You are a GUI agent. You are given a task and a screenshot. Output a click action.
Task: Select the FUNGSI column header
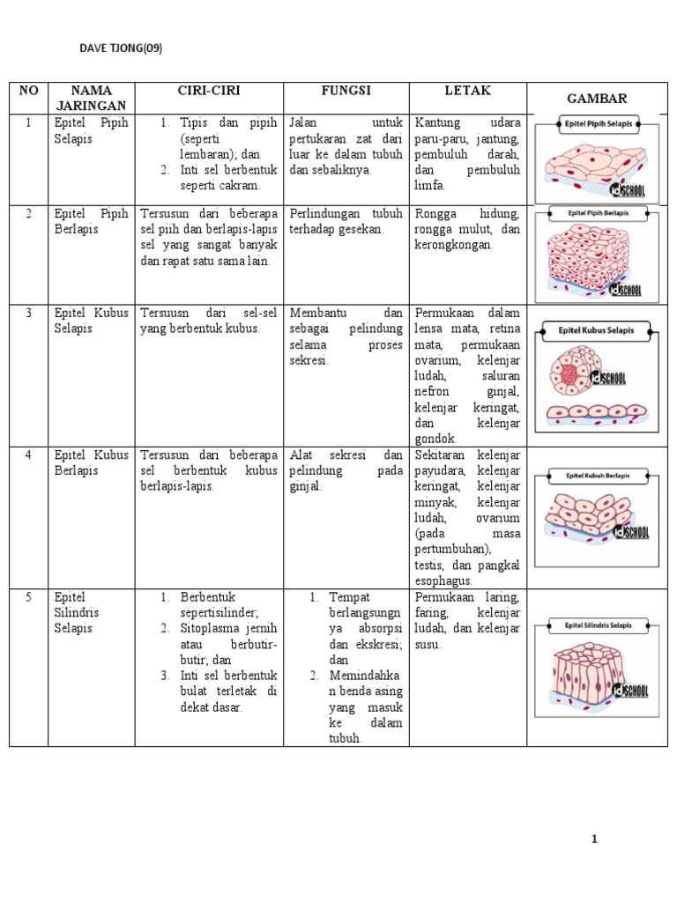(x=346, y=91)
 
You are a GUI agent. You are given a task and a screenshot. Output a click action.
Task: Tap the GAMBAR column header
(x=598, y=98)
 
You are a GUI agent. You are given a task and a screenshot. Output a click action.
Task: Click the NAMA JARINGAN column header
(x=92, y=98)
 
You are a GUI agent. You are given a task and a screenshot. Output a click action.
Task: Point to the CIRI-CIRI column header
(x=209, y=91)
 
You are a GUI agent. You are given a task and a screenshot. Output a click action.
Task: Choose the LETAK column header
(x=468, y=91)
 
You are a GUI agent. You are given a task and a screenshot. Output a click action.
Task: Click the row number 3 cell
(x=28, y=313)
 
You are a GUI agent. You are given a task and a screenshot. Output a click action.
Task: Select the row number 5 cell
(x=28, y=597)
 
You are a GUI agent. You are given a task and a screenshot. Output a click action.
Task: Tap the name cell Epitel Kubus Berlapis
(x=92, y=462)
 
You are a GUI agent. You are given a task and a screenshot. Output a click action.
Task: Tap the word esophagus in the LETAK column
(x=443, y=581)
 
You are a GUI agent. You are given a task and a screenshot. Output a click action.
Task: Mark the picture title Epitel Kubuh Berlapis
(x=598, y=477)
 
